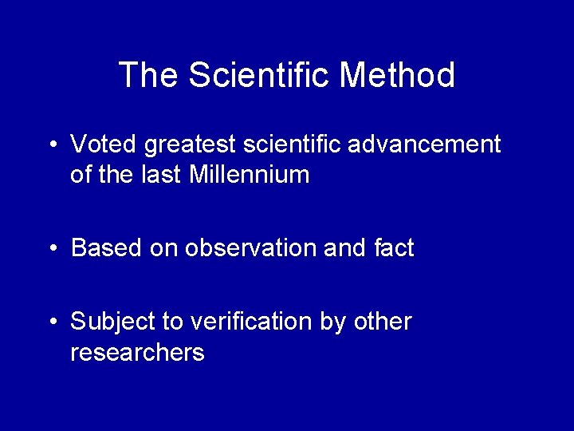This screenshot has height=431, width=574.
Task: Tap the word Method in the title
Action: point(398,75)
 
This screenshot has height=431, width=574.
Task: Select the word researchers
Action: point(137,352)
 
